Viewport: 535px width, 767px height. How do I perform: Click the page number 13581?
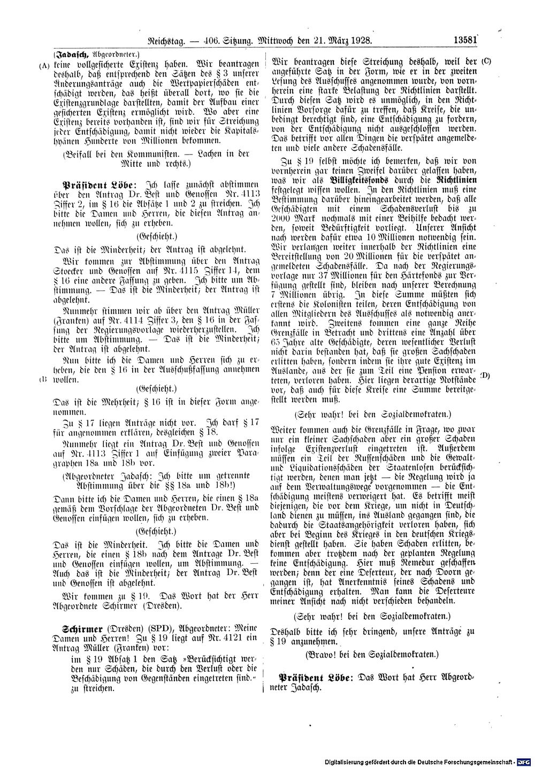(464, 41)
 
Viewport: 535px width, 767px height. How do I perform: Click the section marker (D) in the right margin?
(486, 375)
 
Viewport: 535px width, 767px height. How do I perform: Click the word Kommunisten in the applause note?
(158, 154)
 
